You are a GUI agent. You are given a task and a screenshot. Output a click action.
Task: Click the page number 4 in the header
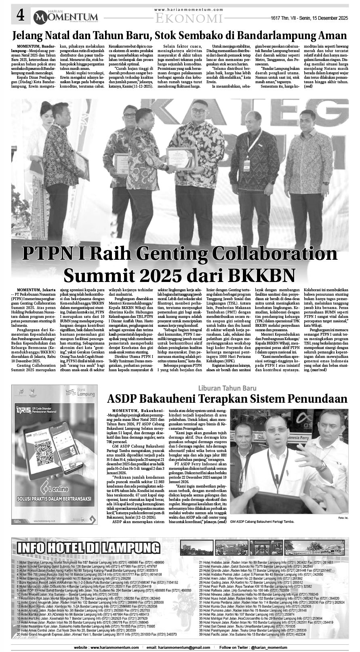[x=20, y=16]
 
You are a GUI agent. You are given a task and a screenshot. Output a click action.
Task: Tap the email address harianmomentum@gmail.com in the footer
[x=180, y=647]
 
